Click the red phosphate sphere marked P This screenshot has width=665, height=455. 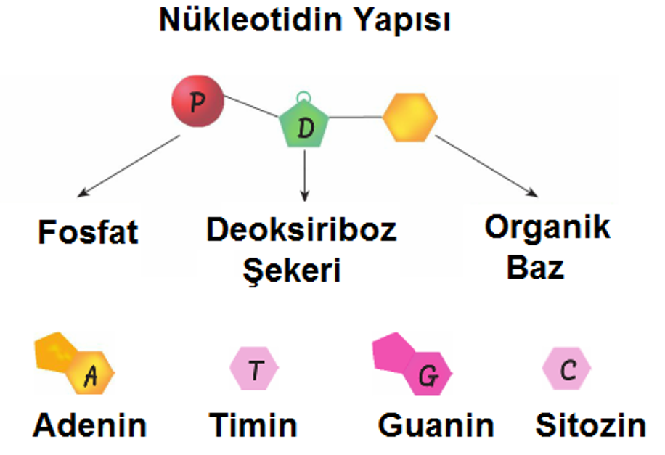(197, 102)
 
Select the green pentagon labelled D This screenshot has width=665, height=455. (304, 124)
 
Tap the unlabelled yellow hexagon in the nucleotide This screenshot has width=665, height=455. (410, 117)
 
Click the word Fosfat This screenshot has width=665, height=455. (89, 232)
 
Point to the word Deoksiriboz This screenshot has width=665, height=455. (301, 229)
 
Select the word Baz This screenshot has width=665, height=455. (535, 268)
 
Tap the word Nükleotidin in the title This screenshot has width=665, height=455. (250, 20)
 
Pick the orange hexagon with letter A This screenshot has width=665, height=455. (91, 373)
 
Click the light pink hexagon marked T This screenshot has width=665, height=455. (254, 368)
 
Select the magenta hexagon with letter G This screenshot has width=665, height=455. (428, 374)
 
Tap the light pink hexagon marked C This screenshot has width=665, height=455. (566, 369)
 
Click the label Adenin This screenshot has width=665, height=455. (90, 425)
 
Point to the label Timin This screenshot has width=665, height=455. (253, 425)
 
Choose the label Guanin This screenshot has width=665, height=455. (436, 425)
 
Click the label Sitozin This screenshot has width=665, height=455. (591, 425)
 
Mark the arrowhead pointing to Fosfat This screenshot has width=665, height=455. (83, 193)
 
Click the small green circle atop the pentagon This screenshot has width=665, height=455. (303, 97)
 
